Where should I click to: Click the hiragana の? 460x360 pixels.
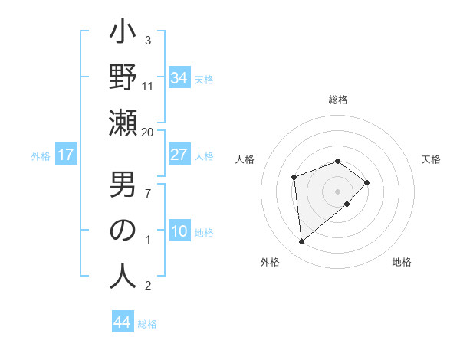123,231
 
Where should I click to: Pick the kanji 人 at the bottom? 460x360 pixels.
123,276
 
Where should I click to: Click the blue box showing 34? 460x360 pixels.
179,79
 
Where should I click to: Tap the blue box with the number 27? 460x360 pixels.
179,155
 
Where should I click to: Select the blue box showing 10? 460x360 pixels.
179,232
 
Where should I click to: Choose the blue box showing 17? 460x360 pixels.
66,155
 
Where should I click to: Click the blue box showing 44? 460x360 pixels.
122,322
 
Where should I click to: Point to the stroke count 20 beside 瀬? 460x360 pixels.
148,133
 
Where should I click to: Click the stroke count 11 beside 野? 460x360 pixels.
148,86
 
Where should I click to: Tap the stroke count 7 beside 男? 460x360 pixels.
148,193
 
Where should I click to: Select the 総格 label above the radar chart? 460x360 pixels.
338,100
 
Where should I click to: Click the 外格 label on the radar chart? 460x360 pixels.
270,262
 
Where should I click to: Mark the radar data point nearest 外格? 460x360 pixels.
302,242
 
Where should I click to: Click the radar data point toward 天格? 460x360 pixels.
367,182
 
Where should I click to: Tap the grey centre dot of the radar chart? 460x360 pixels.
337,190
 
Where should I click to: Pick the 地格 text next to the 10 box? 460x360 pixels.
204,233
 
